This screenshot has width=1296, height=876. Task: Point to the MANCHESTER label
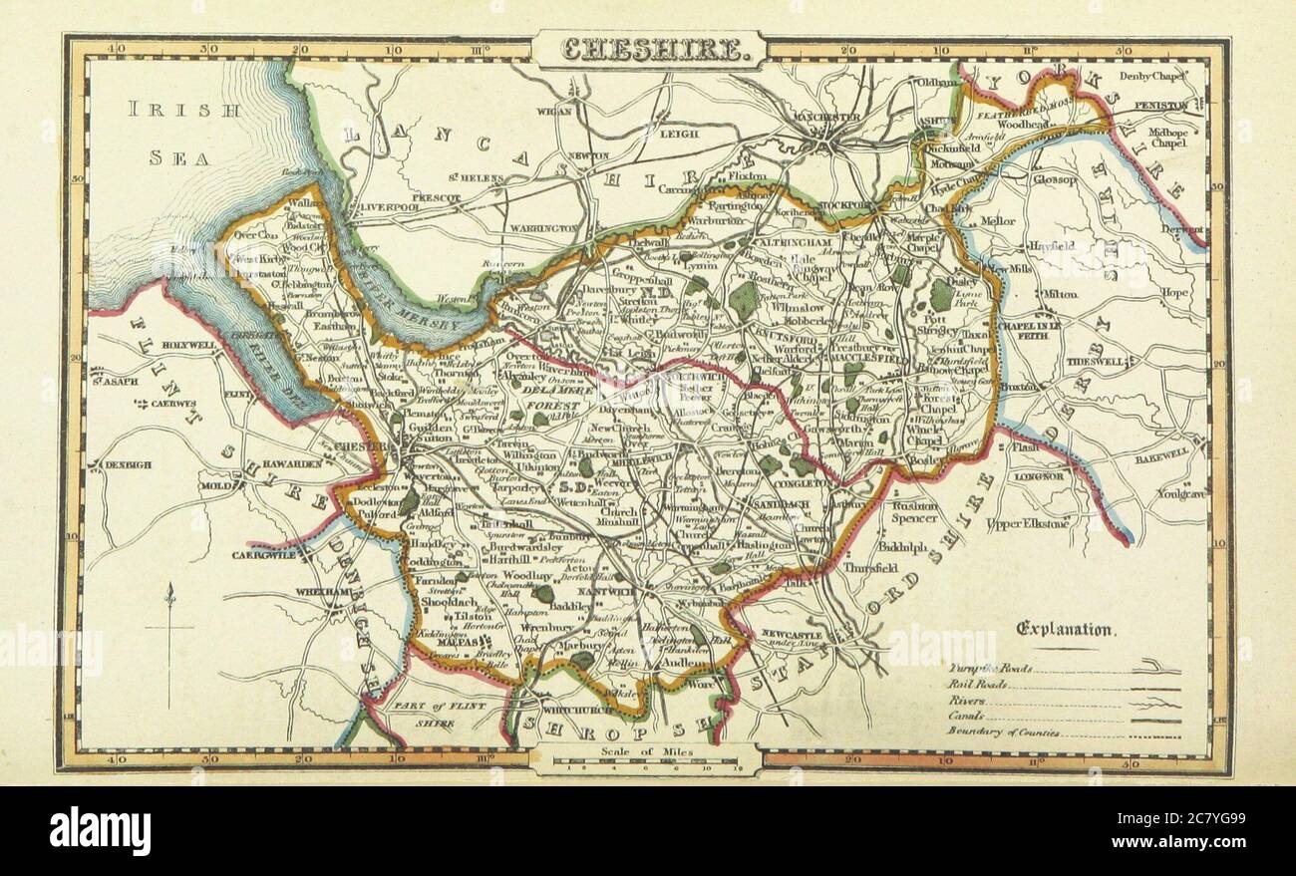(x=826, y=118)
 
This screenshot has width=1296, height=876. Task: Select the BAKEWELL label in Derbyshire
(x=1160, y=452)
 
